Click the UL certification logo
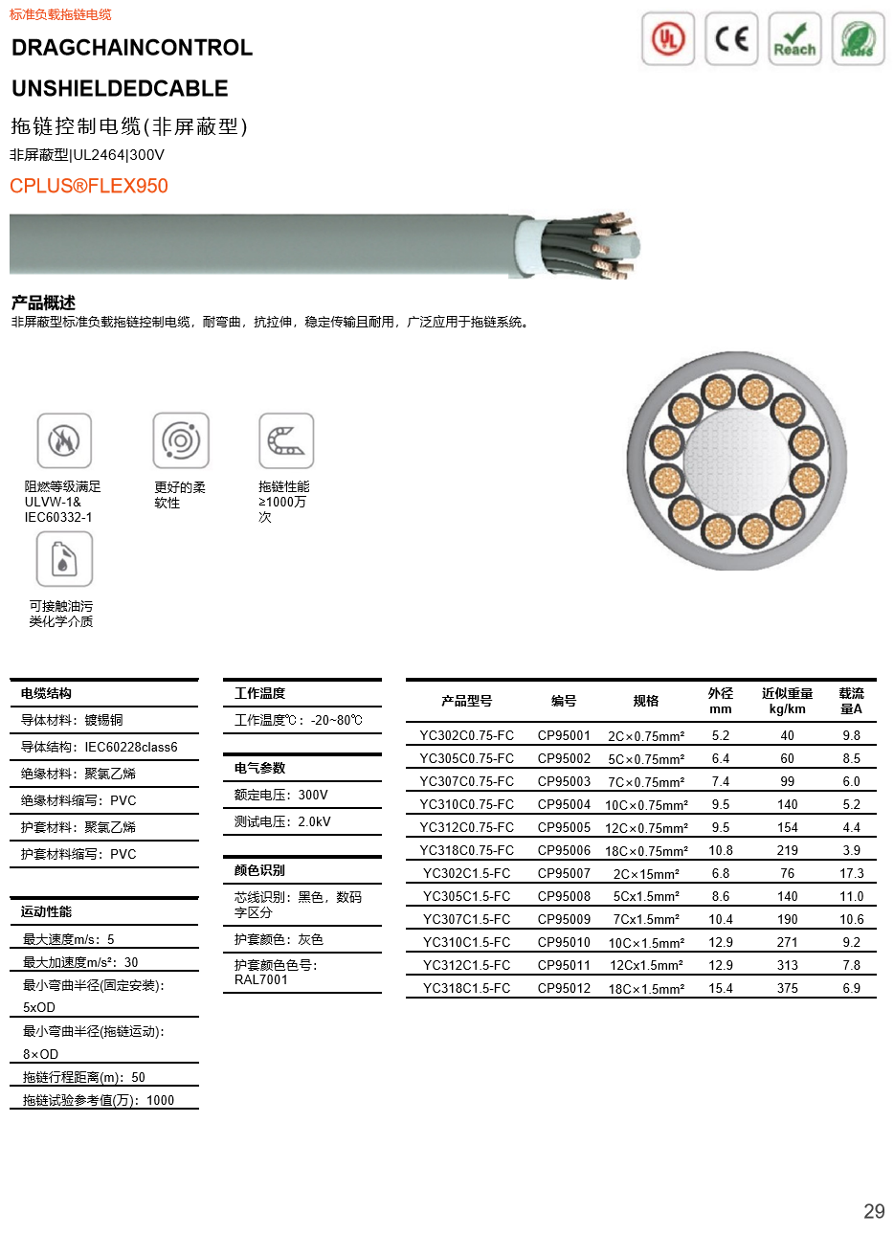coord(667,39)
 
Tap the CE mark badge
coord(731,39)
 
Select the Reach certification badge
coord(794,39)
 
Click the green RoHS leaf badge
coord(858,39)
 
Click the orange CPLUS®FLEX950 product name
coord(89,186)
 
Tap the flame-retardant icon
coord(64,440)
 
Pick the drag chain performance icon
coord(286,440)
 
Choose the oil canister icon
coord(64,559)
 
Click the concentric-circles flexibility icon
coord(181,440)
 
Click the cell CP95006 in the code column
coord(564,850)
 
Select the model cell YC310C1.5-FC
coord(466,942)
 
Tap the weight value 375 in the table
coord(787,988)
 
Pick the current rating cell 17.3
coord(851,873)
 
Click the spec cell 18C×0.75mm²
coord(646,851)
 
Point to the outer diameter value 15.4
coord(721,988)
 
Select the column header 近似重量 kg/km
coord(787,701)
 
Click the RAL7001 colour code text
coord(260,979)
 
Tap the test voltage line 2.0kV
coord(282,821)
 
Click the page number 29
coord(874,1211)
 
